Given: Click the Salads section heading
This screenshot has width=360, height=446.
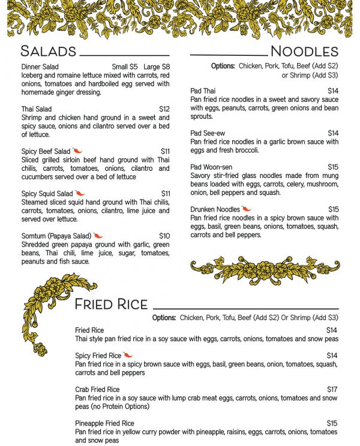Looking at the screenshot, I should pyautogui.click(x=48, y=50).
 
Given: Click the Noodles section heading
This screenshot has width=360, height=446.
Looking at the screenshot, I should pyautogui.click(x=304, y=50).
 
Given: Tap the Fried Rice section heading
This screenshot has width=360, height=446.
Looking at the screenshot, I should pyautogui.click(x=111, y=305).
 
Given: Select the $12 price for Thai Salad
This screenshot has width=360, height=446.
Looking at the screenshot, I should pyautogui.click(x=164, y=109).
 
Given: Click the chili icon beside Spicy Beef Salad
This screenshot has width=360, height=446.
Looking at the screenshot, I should pyautogui.click(x=77, y=151).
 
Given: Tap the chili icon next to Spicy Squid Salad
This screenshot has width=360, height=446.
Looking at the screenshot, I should pyautogui.click(x=80, y=194).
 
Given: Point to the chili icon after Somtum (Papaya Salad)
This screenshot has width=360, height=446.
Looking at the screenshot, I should pyautogui.click(x=98, y=236).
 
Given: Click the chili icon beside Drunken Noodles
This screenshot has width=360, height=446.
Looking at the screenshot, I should pyautogui.click(x=247, y=209).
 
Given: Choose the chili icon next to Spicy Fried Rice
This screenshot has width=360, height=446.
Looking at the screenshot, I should pyautogui.click(x=128, y=355).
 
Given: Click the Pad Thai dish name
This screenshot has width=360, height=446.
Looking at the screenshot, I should pyautogui.click(x=203, y=91).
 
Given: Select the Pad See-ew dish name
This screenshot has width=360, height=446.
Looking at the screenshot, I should pyautogui.click(x=207, y=133).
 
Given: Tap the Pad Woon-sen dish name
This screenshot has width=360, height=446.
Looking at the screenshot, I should pyautogui.click(x=211, y=167).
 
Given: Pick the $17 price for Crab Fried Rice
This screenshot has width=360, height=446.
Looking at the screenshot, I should pyautogui.click(x=332, y=390).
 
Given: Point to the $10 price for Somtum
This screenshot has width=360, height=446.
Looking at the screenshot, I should pyautogui.click(x=164, y=236).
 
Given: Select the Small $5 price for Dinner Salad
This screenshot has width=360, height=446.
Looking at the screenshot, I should pyautogui.click(x=125, y=67).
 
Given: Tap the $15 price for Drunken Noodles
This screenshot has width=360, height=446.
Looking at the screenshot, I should pyautogui.click(x=333, y=209).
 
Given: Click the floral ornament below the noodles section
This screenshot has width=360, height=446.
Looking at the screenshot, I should pyautogui.click(x=265, y=267).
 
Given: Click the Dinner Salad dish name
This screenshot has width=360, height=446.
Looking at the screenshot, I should pyautogui.click(x=40, y=67).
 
